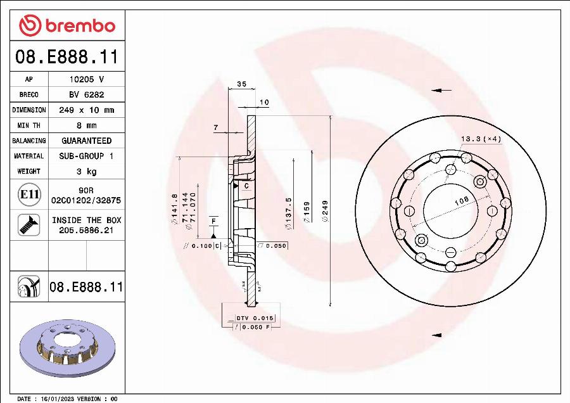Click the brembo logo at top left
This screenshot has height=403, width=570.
point(67,25)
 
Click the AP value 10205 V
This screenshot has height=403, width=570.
point(86,79)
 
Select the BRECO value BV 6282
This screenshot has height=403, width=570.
point(86,94)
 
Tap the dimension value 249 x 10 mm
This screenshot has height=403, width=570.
point(86,110)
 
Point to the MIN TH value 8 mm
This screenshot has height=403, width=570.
point(86,125)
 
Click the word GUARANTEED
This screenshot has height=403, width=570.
point(86,141)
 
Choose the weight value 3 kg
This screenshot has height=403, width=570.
point(86,171)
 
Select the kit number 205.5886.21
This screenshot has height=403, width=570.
point(86,231)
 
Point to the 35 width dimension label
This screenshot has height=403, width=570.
point(241,84)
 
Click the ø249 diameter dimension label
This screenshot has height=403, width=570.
point(325,210)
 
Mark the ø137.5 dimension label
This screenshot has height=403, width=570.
point(288,210)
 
